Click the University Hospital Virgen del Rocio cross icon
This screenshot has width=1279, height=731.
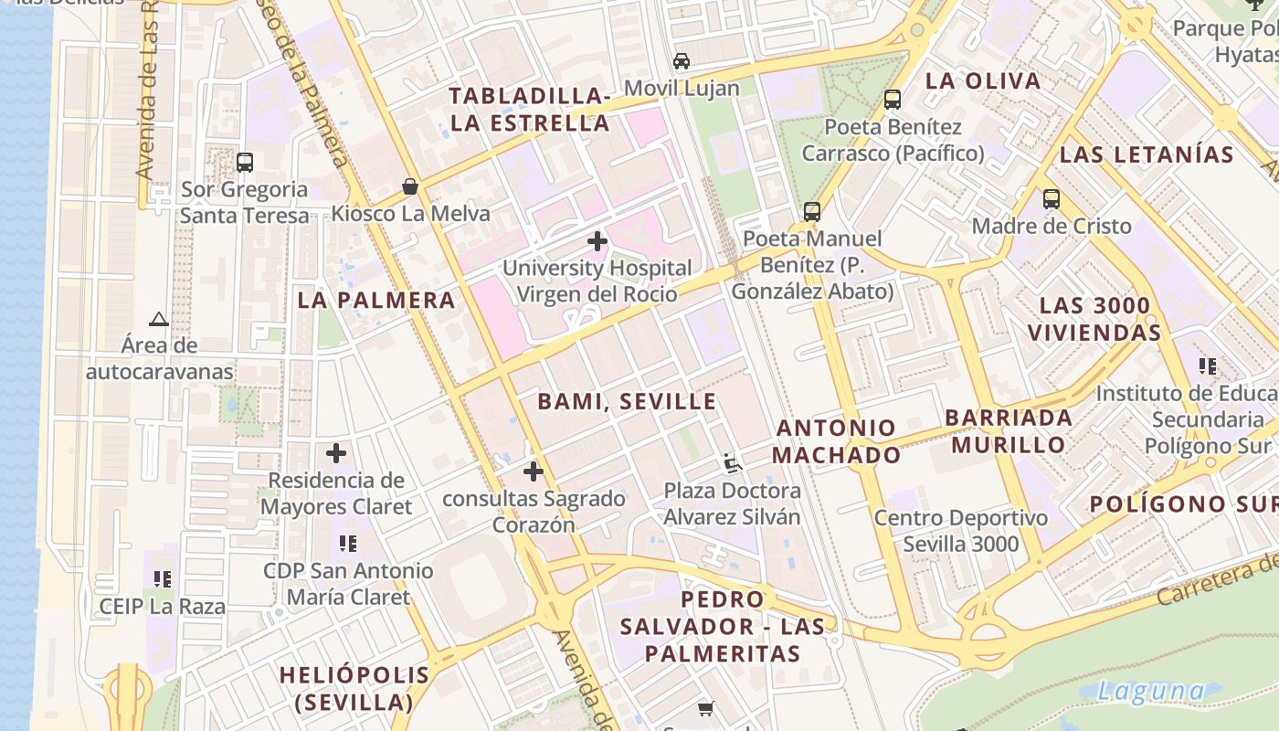tap(597, 241)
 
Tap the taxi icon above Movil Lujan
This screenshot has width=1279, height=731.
tap(682, 61)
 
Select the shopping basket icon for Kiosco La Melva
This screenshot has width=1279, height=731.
tap(410, 187)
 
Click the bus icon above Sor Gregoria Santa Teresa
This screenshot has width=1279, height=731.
tap(245, 163)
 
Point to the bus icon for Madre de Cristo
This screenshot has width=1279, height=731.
tap(1052, 198)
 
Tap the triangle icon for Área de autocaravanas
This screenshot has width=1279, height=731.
tap(159, 319)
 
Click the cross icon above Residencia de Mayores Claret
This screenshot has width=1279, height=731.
tap(336, 453)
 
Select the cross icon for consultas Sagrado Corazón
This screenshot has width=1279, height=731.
tap(534, 471)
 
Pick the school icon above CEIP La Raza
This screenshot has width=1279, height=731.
tap(163, 578)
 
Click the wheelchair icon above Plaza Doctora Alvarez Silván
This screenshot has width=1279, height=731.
tap(732, 463)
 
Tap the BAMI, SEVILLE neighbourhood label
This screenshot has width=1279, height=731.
tap(627, 401)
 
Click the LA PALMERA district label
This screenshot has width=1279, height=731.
tap(376, 300)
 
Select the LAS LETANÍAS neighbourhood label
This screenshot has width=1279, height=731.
tap(1147, 154)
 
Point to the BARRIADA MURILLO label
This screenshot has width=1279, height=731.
tap(1009, 431)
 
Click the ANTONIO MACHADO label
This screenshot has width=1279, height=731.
tap(837, 441)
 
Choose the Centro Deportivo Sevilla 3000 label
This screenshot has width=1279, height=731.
tap(961, 531)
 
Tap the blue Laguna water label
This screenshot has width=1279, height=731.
tap(1151, 691)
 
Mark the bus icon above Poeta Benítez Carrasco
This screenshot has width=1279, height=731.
tap(893, 100)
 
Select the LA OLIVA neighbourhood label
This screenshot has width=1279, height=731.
tap(983, 80)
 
